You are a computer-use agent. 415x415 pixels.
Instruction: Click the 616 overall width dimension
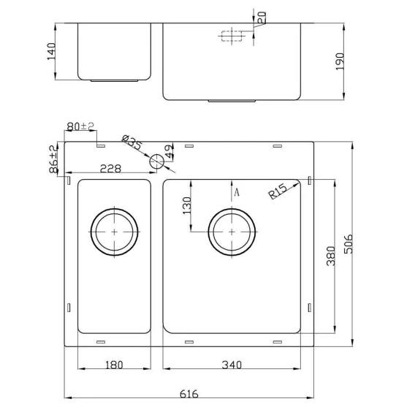(x=189, y=394)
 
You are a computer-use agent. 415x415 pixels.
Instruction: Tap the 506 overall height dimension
(x=349, y=244)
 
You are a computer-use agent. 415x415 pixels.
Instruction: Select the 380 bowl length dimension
(x=331, y=256)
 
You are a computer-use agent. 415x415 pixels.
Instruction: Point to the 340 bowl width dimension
(x=232, y=365)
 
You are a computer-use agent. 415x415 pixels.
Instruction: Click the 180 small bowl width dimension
(x=114, y=365)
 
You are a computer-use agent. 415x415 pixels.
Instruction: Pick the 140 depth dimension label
(x=51, y=51)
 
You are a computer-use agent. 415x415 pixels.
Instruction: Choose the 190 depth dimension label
(x=340, y=61)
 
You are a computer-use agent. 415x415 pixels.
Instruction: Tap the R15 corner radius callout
(x=278, y=191)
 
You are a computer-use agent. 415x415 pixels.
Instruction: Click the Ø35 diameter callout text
(x=132, y=142)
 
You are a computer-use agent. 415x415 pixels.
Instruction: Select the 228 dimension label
(x=110, y=168)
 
